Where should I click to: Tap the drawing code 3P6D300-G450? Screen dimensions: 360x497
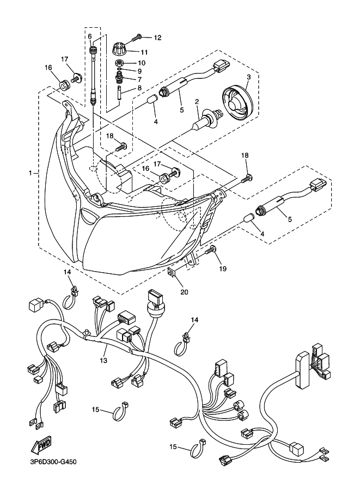pyautogui.click(x=51, y=462)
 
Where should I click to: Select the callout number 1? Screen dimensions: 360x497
pyautogui.click(x=30, y=173)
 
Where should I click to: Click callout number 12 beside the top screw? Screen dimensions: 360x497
pyautogui.click(x=157, y=38)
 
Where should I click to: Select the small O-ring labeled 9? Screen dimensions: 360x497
pyautogui.click(x=119, y=69)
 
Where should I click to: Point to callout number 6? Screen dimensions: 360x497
pyautogui.click(x=90, y=36)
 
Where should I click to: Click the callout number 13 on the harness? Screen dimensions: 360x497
pyautogui.click(x=103, y=360)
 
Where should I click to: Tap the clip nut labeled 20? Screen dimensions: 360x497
pyautogui.click(x=172, y=273)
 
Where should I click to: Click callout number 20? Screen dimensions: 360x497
pyautogui.click(x=184, y=292)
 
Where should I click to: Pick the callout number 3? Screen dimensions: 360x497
pyautogui.click(x=249, y=77)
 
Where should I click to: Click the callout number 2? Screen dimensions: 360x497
pyautogui.click(x=197, y=101)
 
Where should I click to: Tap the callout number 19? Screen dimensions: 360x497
pyautogui.click(x=223, y=268)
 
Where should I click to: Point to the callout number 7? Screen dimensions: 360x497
pyautogui.click(x=139, y=79)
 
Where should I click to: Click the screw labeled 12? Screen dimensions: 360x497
pyautogui.click(x=137, y=37)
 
